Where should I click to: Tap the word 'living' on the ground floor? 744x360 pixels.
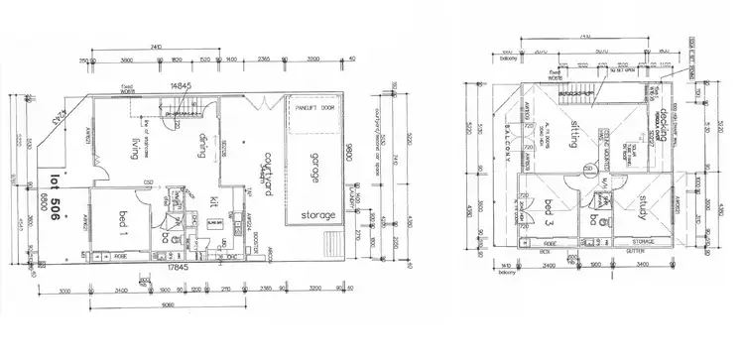[x=133, y=149]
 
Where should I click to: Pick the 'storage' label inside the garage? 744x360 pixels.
[x=319, y=214]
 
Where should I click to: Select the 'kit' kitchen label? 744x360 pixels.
[x=214, y=202]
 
